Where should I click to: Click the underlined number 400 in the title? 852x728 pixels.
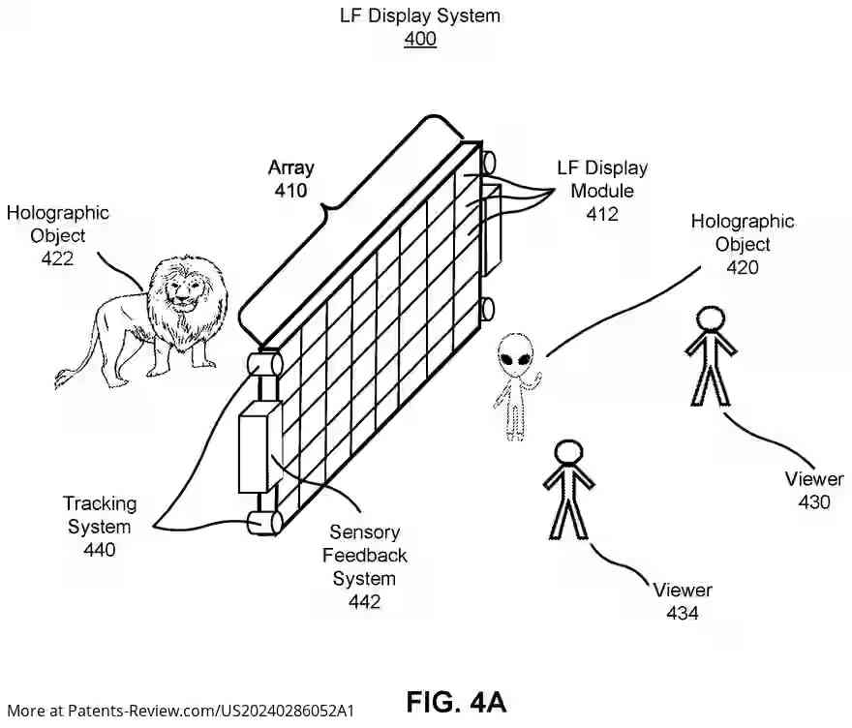[x=419, y=40]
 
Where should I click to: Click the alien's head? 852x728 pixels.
[x=515, y=359]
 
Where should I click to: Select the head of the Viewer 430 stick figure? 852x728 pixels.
[x=711, y=320]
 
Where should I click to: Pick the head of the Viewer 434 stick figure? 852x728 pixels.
[x=568, y=453]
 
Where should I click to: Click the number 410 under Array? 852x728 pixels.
[x=290, y=191]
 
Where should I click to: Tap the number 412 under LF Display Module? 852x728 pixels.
[x=601, y=214]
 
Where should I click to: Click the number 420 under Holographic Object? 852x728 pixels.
[x=743, y=267]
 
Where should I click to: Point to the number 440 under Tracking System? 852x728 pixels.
[x=100, y=550]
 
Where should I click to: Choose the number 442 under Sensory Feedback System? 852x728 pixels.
[x=364, y=601]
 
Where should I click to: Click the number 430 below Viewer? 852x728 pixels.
[x=814, y=501]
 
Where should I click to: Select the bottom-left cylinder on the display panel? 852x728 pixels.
[x=264, y=522]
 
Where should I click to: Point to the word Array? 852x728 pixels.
[x=290, y=167]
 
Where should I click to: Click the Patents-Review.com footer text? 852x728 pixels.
[x=180, y=711]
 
